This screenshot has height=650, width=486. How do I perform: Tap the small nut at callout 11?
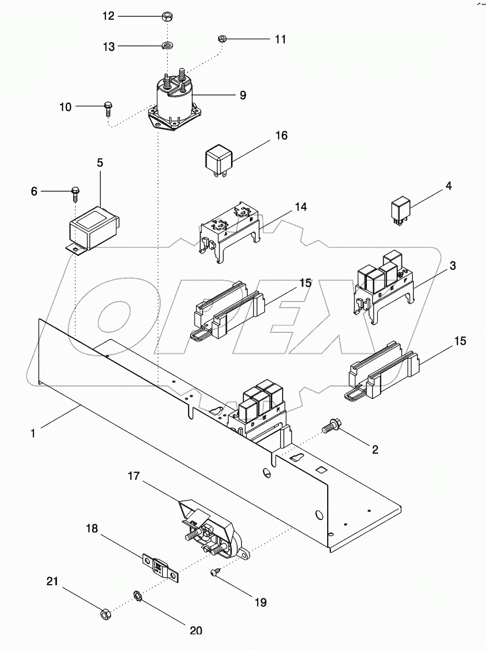tap(221, 39)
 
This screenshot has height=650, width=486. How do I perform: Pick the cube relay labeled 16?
tap(218, 157)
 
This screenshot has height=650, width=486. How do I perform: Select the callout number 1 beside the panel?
tap(32, 433)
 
